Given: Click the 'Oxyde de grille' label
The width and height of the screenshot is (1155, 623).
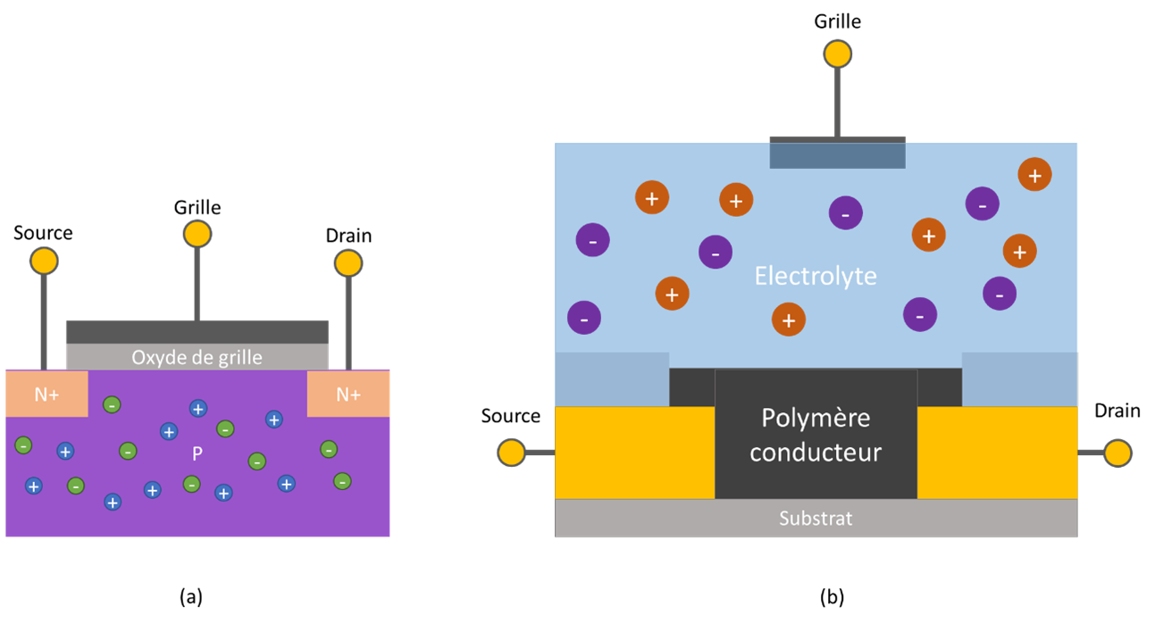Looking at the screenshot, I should coord(197,357).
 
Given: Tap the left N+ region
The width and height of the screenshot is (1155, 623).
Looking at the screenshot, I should coord(46,394).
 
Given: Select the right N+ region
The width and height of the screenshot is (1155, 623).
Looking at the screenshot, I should coord(348,394).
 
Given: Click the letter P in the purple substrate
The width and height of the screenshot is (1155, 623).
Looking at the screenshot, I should coord(197,453).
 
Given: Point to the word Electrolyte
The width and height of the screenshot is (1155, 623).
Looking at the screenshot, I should coord(815,276).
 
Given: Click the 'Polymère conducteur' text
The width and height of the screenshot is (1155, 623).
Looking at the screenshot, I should coord(815,435).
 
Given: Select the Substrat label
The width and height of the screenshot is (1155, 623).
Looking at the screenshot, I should coord(815,518).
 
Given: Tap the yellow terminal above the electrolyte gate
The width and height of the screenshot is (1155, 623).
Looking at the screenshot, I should coord(837,54).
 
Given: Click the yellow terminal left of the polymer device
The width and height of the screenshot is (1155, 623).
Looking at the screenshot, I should coord(511,453).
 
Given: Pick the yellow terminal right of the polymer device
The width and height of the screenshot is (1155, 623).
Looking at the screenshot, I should coord(1117,453).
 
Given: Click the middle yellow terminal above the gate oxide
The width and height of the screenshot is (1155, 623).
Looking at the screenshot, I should coord(197,234).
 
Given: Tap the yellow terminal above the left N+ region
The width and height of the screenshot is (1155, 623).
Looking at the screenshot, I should coord(44,261).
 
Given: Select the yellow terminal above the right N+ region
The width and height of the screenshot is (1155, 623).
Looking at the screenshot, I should coord(347,263).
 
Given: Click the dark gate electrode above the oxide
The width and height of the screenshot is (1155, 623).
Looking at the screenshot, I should coord(197,330).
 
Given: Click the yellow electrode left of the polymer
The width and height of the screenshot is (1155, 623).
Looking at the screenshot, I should coord(634,453).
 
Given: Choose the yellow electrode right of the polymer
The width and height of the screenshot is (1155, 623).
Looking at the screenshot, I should coord(997,453).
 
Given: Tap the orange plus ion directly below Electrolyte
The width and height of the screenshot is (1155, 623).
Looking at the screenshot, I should coord(788,319).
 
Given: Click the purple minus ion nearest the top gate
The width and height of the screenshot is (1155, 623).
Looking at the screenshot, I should coord(845,212).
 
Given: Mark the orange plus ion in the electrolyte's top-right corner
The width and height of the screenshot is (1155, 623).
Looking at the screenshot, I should coord(1034,175).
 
